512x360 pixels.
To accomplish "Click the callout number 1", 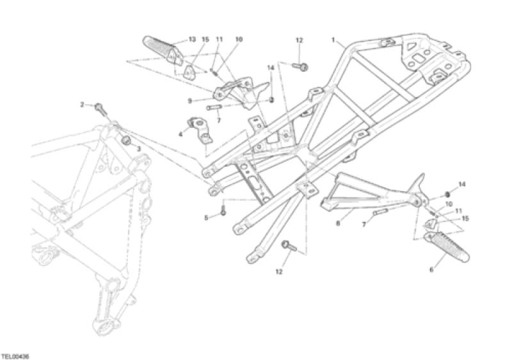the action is coord(333,40).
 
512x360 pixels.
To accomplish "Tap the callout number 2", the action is coord(83,105).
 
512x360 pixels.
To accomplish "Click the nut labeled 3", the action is coord(125,141).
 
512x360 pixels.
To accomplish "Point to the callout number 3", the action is coord(138,149).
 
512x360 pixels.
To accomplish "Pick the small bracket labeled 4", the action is coord(200,130).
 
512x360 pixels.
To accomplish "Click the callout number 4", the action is coord(180,134).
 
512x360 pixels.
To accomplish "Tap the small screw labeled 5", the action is coord(223,209).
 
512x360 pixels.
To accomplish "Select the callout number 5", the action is coord(206,217).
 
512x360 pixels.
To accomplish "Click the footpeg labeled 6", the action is coord(447,247).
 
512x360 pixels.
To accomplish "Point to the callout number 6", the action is coord(431,270).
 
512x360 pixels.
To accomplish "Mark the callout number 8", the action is coord(338,224).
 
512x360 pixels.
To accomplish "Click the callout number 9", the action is coord(189,101).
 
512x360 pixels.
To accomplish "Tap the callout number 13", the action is coord(193,40).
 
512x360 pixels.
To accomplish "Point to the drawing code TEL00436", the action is coord(15,355).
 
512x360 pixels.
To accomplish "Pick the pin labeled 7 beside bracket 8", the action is coord(380,212).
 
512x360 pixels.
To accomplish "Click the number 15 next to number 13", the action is coord(205,40).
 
